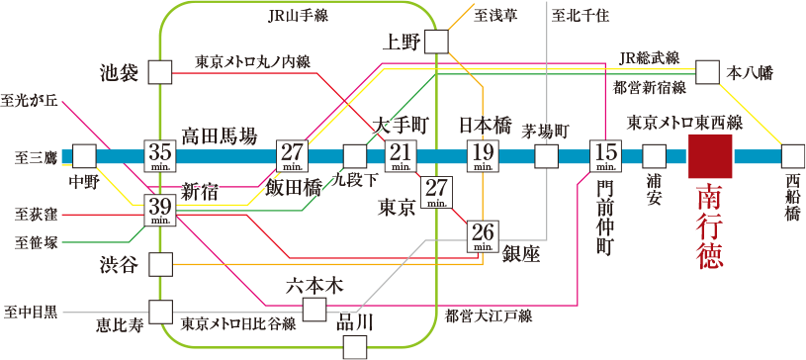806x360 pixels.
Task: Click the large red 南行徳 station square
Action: (710, 156)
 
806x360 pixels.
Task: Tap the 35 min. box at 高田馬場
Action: (160, 156)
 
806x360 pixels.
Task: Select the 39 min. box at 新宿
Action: (160, 210)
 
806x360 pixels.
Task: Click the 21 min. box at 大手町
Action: (401, 156)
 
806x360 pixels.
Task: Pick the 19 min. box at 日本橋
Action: (483, 156)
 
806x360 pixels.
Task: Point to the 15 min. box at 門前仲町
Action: (605, 156)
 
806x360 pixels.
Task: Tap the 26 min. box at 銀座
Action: (483, 236)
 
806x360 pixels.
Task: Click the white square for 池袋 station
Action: (159, 72)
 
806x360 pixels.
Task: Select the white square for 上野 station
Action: (435, 42)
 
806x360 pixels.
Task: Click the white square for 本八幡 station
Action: (707, 72)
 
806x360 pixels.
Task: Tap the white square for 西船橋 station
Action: (793, 156)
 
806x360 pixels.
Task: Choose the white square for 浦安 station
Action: (654, 156)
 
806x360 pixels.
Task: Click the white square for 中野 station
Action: (84, 156)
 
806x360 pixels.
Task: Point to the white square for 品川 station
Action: (355, 346)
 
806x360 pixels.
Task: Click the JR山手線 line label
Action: (298, 15)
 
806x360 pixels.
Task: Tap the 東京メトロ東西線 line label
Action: (684, 122)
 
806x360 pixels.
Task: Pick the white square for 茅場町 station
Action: (547, 156)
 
